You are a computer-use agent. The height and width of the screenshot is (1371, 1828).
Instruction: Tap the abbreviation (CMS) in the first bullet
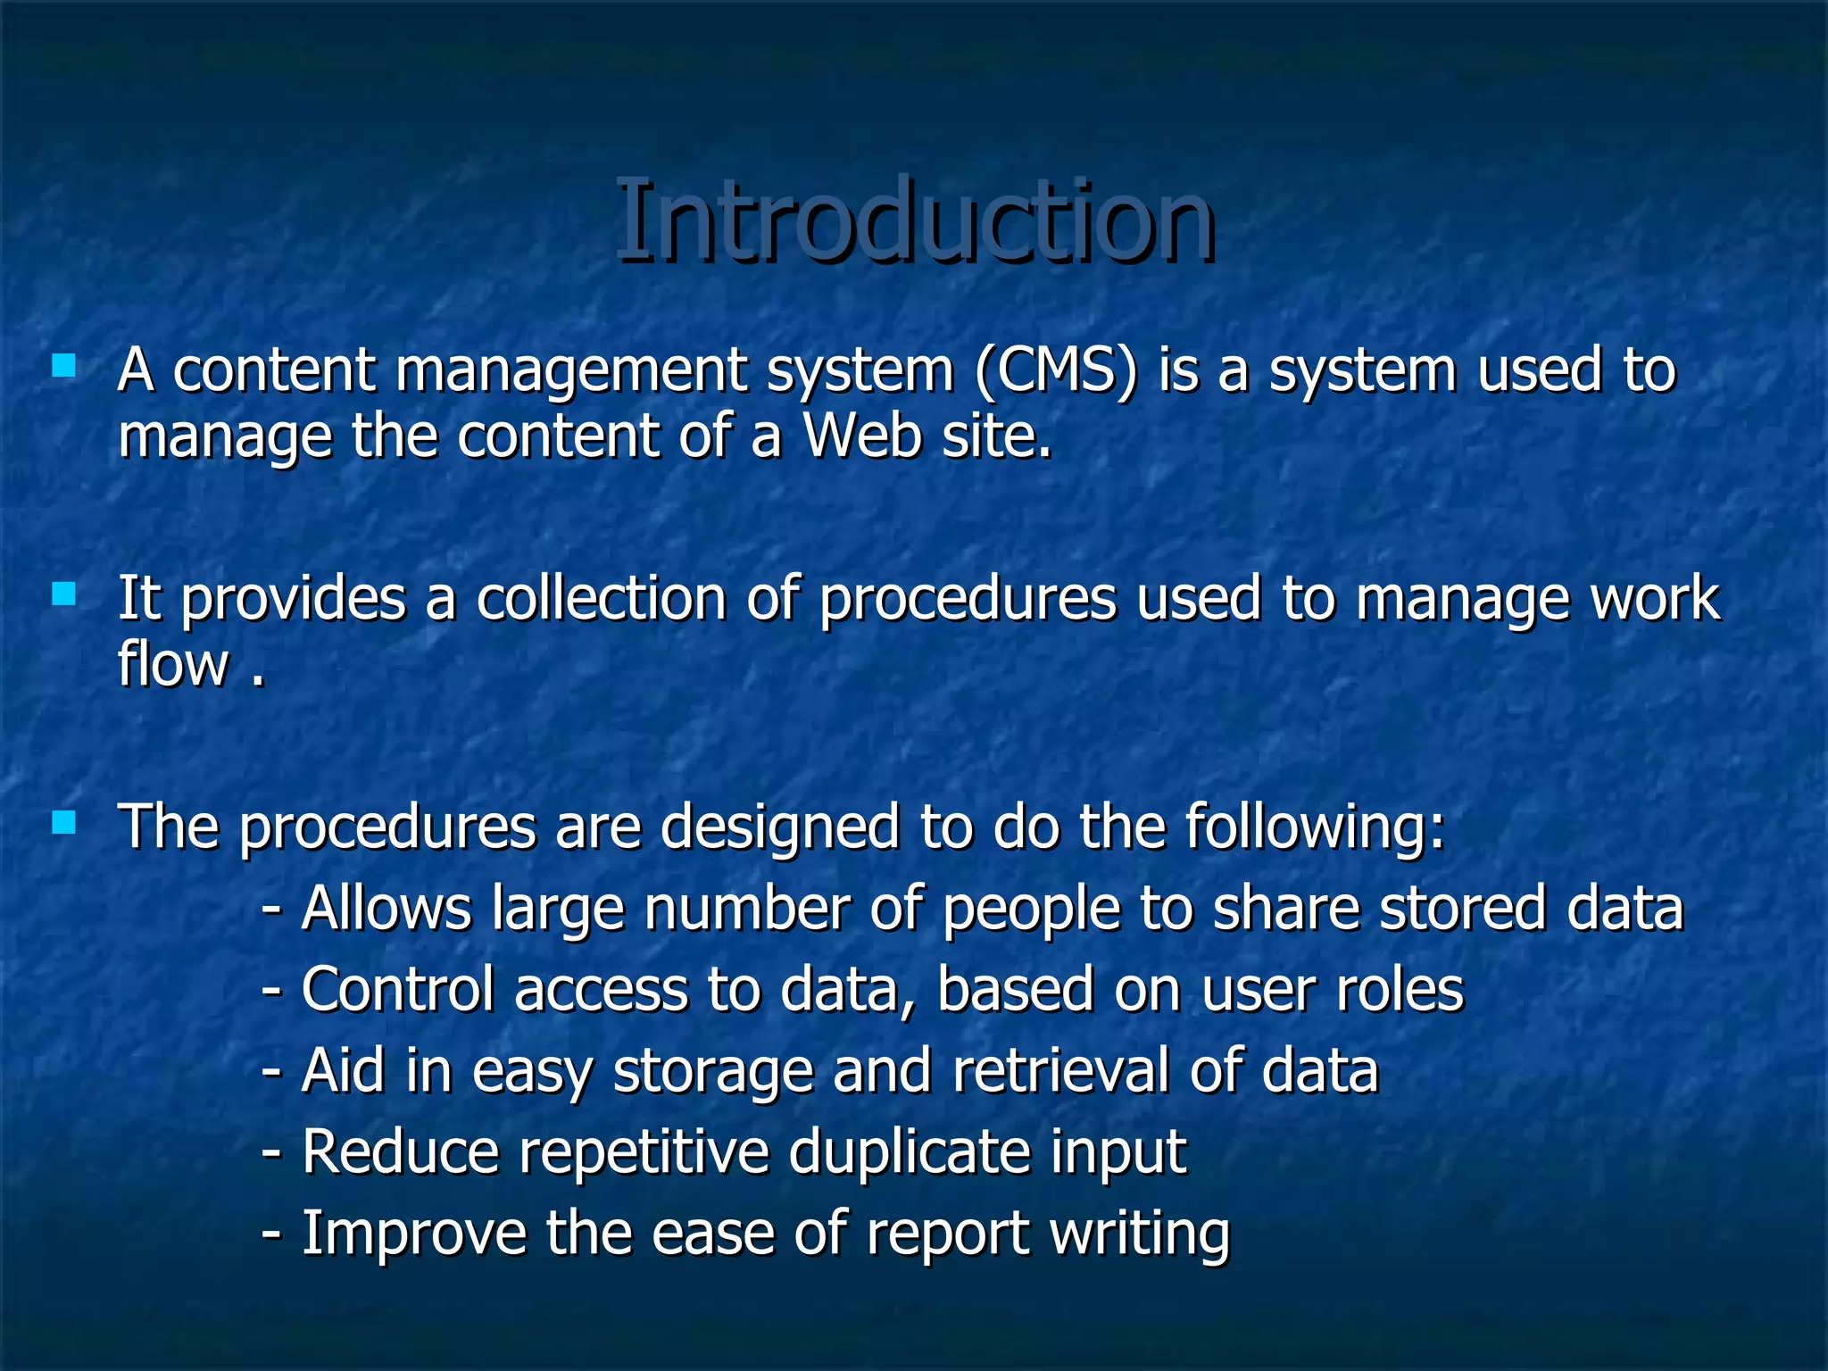coord(1056,370)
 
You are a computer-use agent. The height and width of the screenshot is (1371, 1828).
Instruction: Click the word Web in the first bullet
coord(862,436)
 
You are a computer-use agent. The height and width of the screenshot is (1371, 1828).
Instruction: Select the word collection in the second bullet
coord(601,599)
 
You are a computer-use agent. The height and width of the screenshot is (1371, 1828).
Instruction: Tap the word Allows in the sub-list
coord(386,909)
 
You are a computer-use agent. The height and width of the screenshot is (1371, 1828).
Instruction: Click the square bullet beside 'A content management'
coord(63,366)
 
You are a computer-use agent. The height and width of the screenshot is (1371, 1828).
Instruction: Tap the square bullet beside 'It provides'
coord(63,594)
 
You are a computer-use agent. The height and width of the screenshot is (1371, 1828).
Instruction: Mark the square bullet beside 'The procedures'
coord(63,822)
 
